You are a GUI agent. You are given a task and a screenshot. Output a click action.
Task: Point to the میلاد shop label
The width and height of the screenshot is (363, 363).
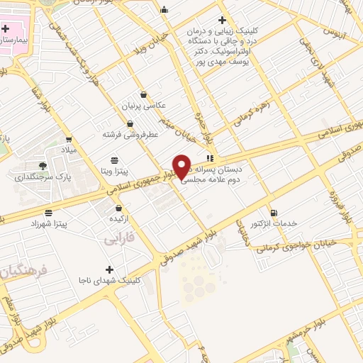(x=72, y=150)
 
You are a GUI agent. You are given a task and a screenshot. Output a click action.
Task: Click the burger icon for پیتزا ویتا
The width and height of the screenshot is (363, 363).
(x=114, y=160)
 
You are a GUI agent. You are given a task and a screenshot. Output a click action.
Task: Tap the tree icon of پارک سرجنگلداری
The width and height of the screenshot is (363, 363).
(x=43, y=165)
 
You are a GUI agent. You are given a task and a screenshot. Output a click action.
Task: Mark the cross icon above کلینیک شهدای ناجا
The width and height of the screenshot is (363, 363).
(x=108, y=269)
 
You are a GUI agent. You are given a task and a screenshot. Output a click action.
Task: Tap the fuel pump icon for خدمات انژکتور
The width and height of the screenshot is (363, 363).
(x=274, y=212)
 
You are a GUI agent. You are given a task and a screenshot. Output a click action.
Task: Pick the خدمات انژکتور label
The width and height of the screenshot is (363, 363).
(x=272, y=224)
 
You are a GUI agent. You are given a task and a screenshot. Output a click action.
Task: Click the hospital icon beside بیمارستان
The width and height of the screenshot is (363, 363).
(x=6, y=29)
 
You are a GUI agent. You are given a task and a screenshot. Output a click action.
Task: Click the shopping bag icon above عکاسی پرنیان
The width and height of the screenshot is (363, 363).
(x=143, y=94)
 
